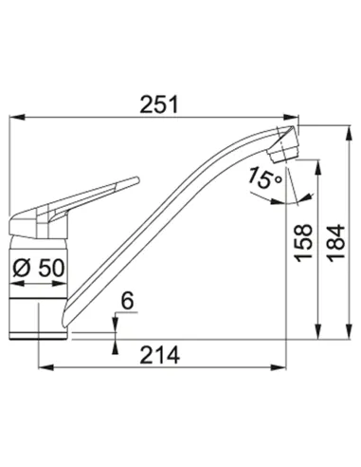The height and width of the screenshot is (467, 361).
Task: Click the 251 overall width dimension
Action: (x=159, y=104)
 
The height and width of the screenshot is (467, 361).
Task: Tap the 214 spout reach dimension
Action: (x=160, y=355)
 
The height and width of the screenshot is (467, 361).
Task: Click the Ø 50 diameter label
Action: (x=39, y=269)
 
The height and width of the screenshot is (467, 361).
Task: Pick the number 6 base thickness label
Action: (x=128, y=301)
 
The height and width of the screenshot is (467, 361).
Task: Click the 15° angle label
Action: (x=264, y=178)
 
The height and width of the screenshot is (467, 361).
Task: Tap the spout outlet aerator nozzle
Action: (x=283, y=154)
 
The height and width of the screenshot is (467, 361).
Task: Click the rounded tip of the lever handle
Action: (x=136, y=179)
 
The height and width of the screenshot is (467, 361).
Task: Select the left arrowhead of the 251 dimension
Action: (x=17, y=117)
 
